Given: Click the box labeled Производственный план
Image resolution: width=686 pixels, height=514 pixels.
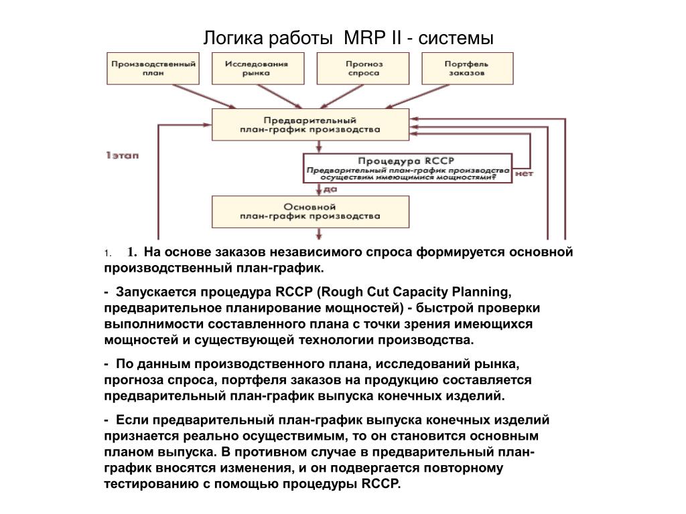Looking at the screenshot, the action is point(153,69).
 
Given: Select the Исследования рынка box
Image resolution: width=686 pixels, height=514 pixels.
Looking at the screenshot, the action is point(258,69).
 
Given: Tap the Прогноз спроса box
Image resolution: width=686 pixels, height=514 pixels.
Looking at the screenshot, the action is point(363,69).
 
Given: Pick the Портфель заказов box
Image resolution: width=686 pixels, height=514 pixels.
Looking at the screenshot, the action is point(467,69).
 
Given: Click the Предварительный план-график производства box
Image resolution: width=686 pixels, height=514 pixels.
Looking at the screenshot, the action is point(310,124).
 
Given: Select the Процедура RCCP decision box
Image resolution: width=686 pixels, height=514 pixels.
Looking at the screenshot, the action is point(407,168).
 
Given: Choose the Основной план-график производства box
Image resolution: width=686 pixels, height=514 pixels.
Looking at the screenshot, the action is point(310,211).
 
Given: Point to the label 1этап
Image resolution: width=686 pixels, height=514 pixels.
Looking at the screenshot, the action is point(122,155).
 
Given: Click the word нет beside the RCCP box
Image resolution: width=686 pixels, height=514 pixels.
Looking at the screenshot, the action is point(524,173).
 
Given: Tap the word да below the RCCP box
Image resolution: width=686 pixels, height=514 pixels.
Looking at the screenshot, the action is point(330,189).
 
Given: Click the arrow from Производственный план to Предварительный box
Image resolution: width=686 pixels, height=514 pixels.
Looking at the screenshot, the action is point(204,96).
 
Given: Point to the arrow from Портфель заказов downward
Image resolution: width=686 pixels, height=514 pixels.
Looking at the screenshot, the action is point(418,96).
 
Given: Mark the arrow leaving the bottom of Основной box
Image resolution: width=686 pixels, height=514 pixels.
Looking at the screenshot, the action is point(319,234).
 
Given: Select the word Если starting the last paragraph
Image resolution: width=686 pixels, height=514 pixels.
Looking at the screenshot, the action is point(133,420).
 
